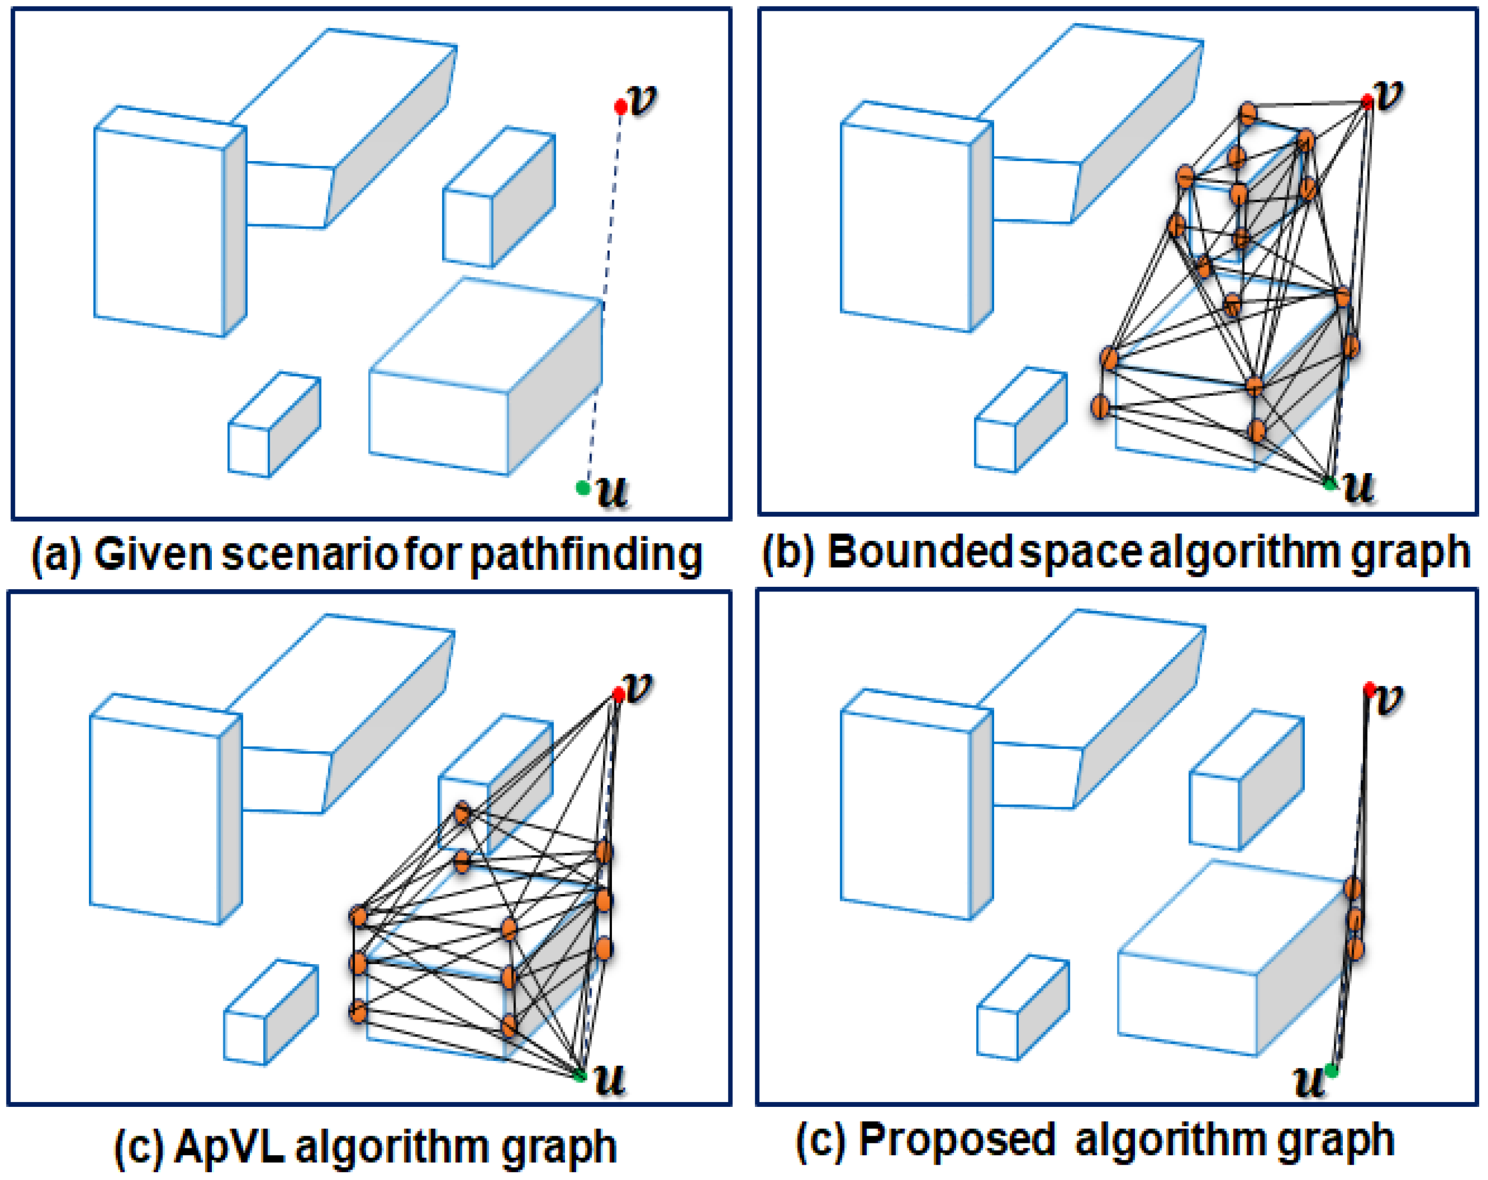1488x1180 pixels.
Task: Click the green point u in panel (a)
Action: pos(582,488)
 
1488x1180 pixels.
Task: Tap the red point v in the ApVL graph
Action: pos(618,694)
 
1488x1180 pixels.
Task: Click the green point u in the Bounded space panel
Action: pos(1330,484)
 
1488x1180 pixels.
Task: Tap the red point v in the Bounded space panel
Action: pos(1367,102)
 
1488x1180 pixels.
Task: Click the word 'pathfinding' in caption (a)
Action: pos(586,555)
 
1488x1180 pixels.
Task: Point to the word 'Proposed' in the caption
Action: pos(957,1140)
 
